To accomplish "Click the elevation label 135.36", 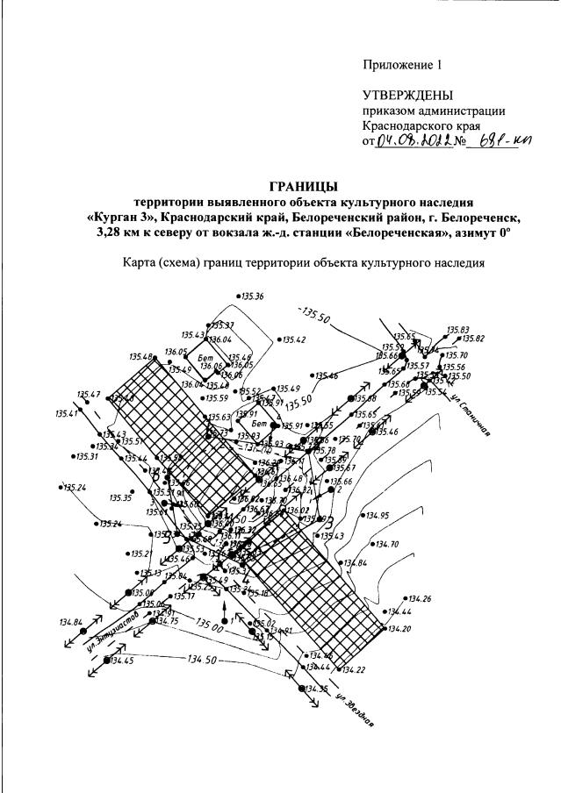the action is (252, 297).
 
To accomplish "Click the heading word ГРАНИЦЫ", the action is (302, 185).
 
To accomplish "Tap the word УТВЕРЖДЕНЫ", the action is (409, 95).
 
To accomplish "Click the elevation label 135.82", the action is (474, 339).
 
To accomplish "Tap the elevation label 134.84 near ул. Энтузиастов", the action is (71, 622).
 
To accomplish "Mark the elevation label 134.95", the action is (378, 515).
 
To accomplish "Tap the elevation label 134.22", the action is (354, 669).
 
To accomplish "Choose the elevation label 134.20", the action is (399, 628).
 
